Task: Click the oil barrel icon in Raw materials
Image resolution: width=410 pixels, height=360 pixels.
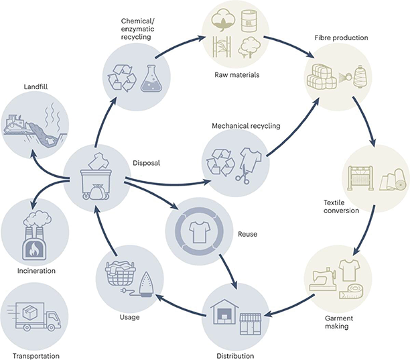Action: (x=249, y=21)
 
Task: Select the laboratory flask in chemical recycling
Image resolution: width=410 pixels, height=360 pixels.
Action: (x=150, y=78)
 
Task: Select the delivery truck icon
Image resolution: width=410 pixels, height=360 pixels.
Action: (x=34, y=316)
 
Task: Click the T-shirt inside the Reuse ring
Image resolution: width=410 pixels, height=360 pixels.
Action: (x=199, y=231)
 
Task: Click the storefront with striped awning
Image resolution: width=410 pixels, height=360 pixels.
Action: (x=251, y=324)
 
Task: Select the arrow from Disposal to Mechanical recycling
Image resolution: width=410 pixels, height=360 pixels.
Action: (x=167, y=183)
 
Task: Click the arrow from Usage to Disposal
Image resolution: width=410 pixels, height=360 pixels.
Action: (x=103, y=230)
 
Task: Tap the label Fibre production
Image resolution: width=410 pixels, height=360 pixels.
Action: (x=341, y=38)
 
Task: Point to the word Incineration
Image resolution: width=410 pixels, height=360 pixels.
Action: (x=36, y=271)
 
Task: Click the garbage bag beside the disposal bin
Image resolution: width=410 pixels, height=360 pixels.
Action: (x=97, y=192)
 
